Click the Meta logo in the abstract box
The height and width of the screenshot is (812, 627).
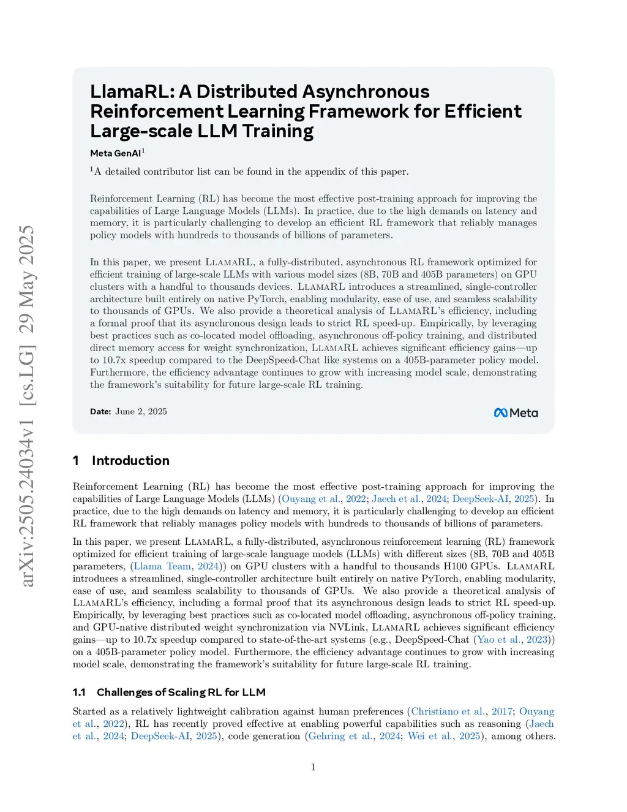coord(516,413)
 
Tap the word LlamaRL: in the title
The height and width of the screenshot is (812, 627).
coord(132,92)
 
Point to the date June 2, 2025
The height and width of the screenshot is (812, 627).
coord(141,412)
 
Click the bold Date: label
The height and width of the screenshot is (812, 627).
coord(100,412)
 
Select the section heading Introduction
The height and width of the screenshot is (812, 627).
coord(130,461)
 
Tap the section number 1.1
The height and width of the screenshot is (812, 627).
coord(79,692)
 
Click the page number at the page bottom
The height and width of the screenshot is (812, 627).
coord(313,767)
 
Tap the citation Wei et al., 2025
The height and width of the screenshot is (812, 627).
coord(444,736)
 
